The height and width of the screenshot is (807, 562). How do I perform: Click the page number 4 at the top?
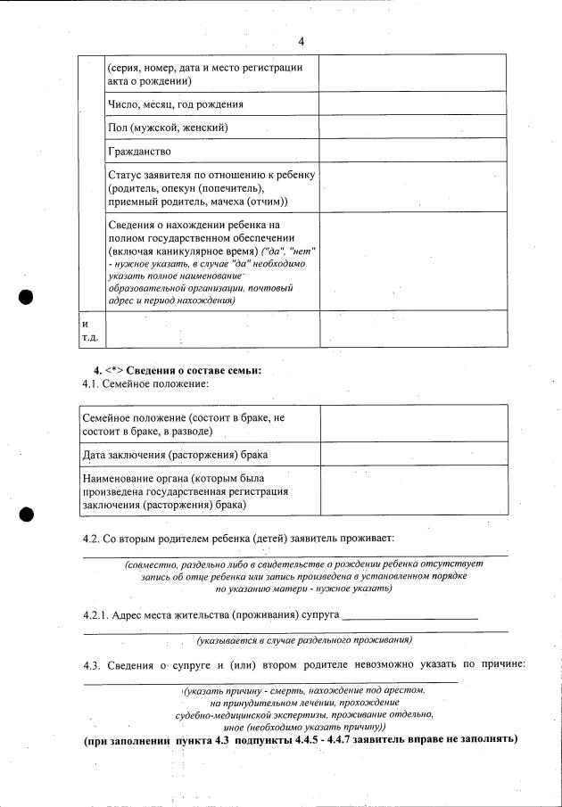pyautogui.click(x=301, y=42)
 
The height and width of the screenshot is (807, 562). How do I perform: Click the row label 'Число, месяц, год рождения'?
pyautogui.click(x=175, y=105)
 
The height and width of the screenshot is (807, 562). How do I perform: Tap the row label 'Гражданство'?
pyautogui.click(x=139, y=152)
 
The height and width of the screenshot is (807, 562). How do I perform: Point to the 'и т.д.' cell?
pyautogui.click(x=90, y=330)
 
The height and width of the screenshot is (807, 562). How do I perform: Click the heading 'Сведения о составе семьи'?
pyautogui.click(x=194, y=370)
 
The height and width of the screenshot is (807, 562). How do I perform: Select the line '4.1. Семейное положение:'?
pyautogui.click(x=145, y=383)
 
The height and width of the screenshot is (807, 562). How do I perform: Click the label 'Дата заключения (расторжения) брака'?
pyautogui.click(x=175, y=455)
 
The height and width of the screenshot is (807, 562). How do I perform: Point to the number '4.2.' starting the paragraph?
pyautogui.click(x=92, y=539)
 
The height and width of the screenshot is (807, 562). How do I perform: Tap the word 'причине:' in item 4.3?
pyautogui.click(x=500, y=664)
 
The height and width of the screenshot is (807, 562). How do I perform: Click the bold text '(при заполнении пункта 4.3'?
pyautogui.click(x=156, y=740)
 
